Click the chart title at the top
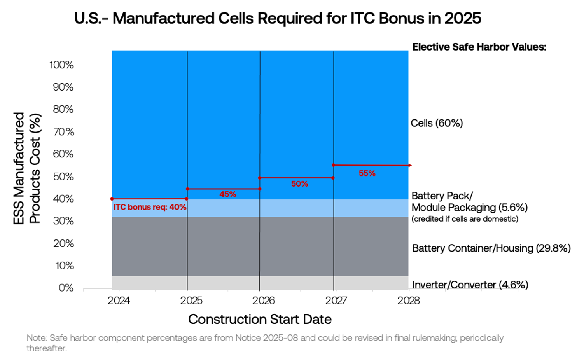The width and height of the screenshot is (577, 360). tap(278, 18)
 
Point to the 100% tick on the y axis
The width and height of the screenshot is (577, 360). tap(61, 65)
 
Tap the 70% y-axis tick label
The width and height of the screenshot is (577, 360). tap(63, 132)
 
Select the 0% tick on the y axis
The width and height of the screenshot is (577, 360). tap(66, 288)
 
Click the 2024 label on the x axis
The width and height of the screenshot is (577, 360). tap(119, 301)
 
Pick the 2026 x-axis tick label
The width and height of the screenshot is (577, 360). tap(263, 301)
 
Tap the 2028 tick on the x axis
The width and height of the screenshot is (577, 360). tap(408, 301)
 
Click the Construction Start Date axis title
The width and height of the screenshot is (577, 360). tap(260, 319)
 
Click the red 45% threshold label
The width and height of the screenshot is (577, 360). tap(227, 194)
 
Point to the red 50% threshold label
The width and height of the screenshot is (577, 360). tap(299, 184)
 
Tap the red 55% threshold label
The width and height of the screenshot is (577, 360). tap(367, 173)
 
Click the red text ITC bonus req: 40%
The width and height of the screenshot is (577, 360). tap(150, 207)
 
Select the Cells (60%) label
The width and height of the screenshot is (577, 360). tap(437, 123)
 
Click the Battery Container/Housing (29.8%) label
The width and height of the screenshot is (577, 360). tap(491, 248)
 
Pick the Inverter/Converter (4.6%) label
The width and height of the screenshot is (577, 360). tap(470, 285)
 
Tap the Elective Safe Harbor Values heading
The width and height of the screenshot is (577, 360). tap(479, 47)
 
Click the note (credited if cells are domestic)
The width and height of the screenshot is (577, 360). tap(465, 219)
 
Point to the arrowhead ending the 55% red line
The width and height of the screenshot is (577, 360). tap(410, 166)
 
